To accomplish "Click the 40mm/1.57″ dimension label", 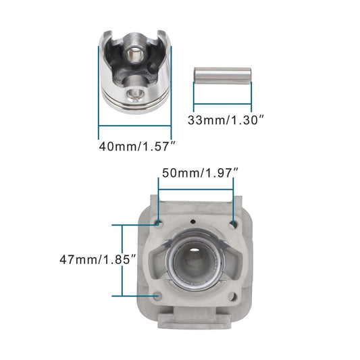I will [137, 145].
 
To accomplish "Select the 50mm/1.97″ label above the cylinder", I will [199, 173].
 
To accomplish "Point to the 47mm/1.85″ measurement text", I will [99, 259].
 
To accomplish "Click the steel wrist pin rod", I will [222, 73].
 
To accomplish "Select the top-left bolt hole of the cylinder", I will [158, 223].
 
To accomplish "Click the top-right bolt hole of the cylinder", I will [234, 223].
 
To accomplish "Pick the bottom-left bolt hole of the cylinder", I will [158, 294].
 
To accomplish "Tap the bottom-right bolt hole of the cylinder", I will [233, 294].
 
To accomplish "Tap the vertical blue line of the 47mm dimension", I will [122, 259].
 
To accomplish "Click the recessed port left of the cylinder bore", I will [161, 261].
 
